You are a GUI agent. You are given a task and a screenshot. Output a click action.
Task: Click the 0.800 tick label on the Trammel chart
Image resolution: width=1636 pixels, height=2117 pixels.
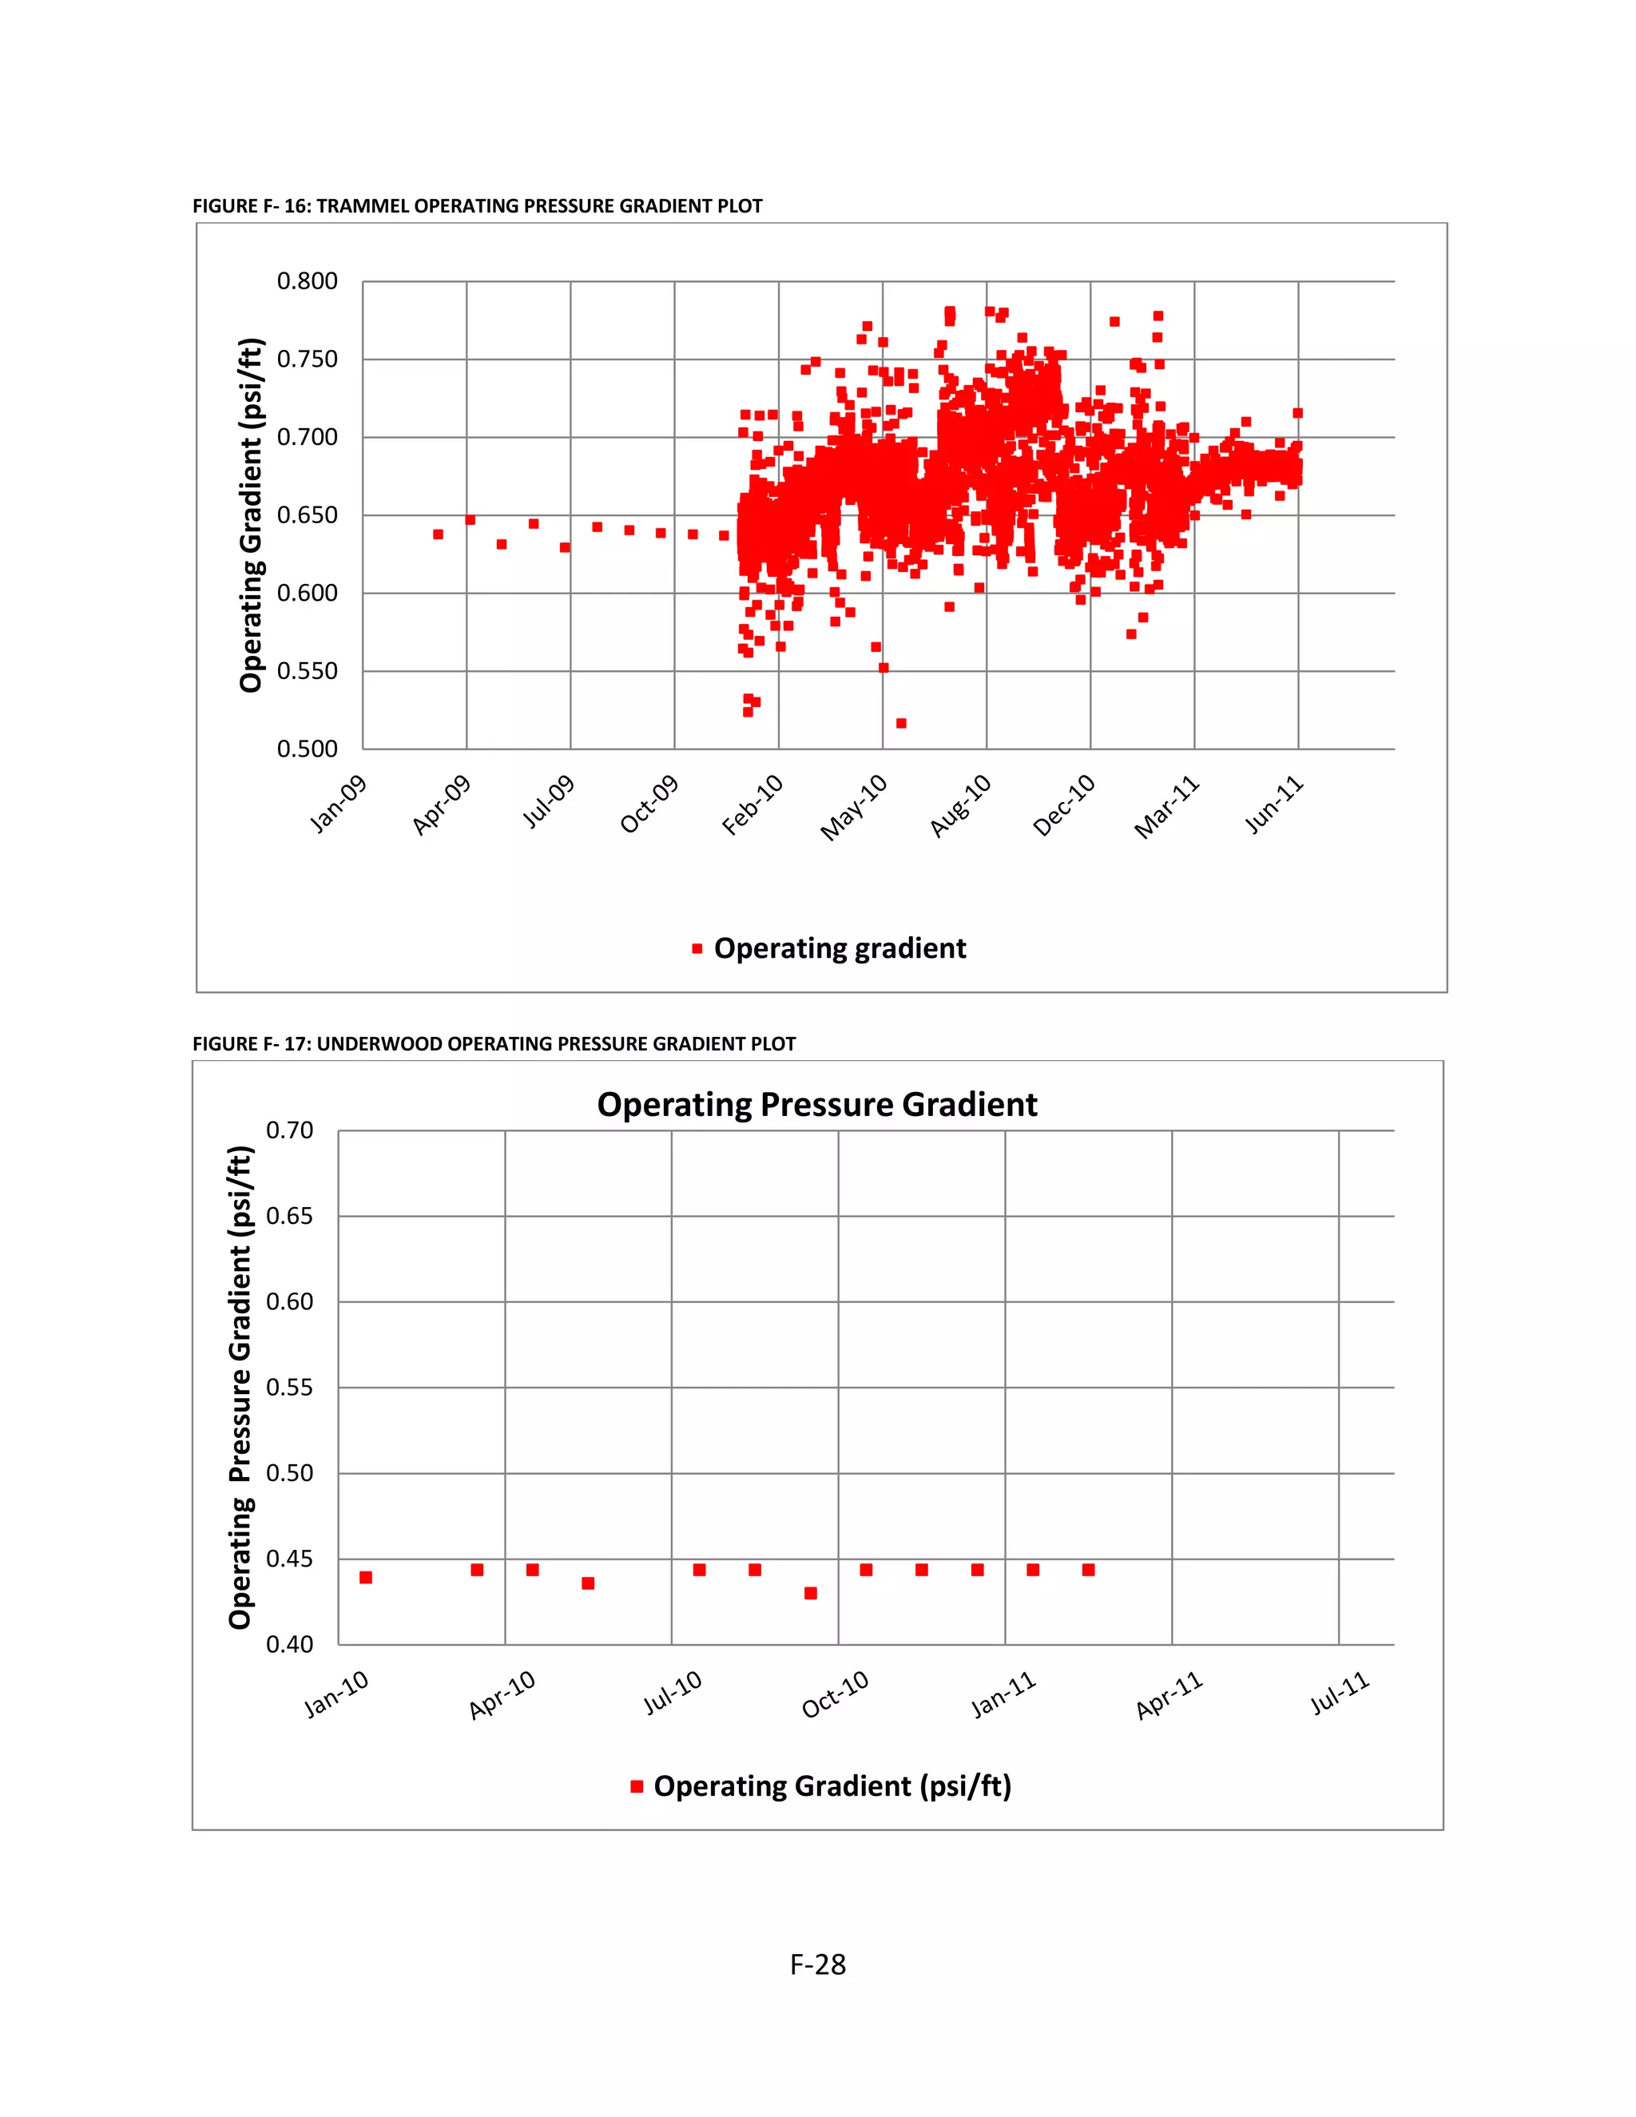(308, 282)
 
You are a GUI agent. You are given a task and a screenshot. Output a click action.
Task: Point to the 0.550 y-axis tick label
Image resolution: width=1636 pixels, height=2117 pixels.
(308, 672)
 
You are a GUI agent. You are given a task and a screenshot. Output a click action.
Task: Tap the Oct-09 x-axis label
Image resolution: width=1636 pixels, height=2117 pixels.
(649, 804)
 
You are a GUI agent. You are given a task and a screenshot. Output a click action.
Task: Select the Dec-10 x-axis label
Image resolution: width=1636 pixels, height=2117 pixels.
(1064, 805)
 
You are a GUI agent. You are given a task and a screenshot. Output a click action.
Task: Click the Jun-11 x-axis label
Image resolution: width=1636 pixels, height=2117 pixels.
(1273, 805)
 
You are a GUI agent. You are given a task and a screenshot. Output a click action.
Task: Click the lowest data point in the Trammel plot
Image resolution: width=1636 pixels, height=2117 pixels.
(901, 723)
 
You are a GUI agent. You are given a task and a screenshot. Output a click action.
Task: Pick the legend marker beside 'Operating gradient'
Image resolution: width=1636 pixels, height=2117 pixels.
(697, 949)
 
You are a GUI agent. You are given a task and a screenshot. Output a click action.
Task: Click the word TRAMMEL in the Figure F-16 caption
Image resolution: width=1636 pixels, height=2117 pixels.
(363, 206)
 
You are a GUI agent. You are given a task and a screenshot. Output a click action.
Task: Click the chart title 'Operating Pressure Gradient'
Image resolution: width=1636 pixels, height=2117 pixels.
(817, 1105)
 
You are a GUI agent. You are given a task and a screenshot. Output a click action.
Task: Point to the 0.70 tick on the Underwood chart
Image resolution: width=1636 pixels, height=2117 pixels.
(290, 1131)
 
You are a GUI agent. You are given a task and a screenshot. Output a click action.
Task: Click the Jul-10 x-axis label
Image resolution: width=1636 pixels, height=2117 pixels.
(673, 1693)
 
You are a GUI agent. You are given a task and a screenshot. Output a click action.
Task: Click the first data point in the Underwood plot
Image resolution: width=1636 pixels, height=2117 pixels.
(365, 1578)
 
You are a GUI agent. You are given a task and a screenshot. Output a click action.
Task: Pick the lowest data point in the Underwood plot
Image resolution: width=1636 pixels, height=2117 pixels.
(810, 1594)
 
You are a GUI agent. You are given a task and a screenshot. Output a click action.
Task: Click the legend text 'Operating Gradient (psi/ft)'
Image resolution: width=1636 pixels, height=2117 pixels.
(832, 1786)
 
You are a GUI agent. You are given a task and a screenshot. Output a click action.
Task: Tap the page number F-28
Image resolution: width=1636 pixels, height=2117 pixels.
(818, 1965)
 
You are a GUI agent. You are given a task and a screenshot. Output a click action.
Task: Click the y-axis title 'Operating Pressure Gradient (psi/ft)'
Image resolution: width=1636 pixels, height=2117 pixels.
(240, 1388)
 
